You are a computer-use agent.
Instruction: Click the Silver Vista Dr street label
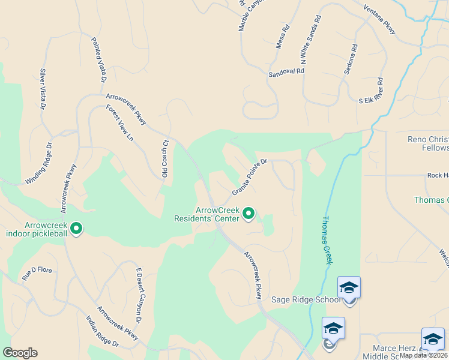click(x=42, y=89)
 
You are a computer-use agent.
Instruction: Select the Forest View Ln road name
click(x=119, y=123)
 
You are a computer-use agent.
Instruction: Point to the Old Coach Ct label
click(x=165, y=158)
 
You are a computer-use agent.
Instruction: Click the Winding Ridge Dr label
click(x=38, y=164)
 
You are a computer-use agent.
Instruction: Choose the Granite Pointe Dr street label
click(x=249, y=178)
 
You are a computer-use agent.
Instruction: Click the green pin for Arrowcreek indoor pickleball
click(x=76, y=228)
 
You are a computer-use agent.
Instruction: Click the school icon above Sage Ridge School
click(x=349, y=288)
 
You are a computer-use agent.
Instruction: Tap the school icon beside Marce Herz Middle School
click(x=433, y=339)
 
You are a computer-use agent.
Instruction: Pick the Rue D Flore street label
click(x=37, y=274)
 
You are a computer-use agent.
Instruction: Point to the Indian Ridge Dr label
click(x=102, y=332)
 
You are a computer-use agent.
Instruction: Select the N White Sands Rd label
click(x=311, y=40)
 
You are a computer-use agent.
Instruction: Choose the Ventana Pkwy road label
click(x=379, y=20)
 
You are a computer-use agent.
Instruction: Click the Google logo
click(x=20, y=353)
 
